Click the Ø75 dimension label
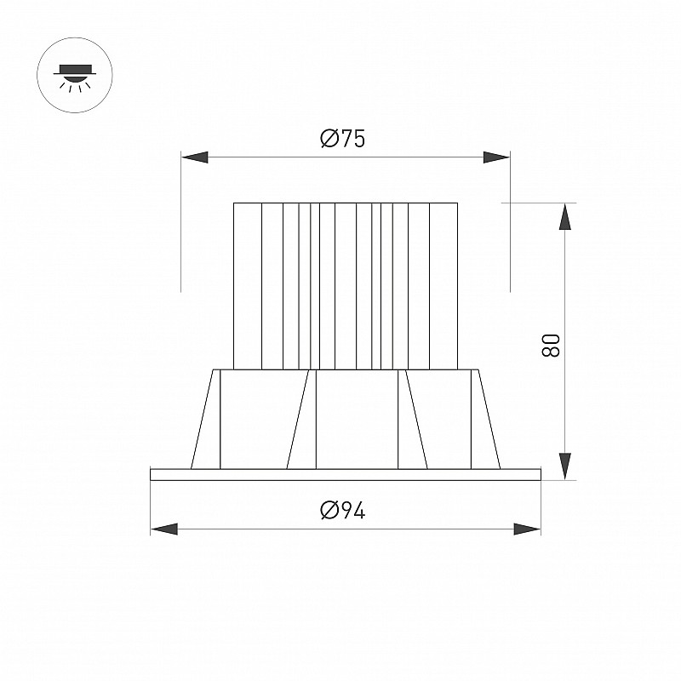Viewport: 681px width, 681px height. [x=343, y=139]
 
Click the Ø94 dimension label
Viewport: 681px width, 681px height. [x=343, y=510]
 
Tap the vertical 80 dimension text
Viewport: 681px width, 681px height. [x=551, y=346]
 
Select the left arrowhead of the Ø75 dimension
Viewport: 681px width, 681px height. [x=195, y=157]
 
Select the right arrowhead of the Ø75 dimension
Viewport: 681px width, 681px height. [x=496, y=157]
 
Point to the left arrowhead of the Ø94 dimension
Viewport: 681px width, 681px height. [x=164, y=529]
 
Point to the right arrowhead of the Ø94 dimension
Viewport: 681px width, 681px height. [x=527, y=529]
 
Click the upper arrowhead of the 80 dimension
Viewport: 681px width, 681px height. [x=564, y=216]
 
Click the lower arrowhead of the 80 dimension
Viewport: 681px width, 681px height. [x=564, y=466]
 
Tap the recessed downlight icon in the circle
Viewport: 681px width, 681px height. [x=75, y=77]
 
